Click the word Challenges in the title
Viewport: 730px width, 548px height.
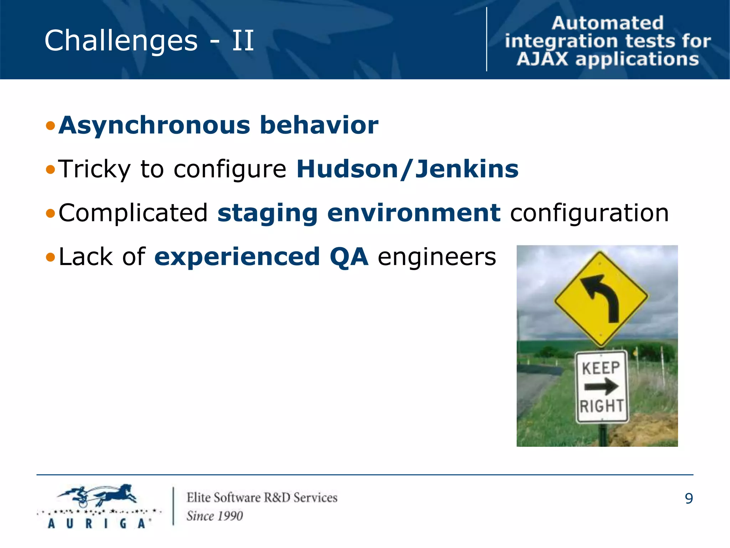(121, 41)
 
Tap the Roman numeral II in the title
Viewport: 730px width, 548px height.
(243, 41)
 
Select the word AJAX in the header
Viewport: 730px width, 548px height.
(542, 59)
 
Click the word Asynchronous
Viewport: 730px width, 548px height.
(154, 126)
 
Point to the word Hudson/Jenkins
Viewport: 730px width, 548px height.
(407, 169)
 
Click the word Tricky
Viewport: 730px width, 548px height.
(94, 169)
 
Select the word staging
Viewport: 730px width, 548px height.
(267, 213)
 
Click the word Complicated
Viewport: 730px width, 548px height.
(133, 213)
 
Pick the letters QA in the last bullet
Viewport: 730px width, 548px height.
(349, 257)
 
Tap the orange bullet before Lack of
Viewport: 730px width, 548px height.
(51, 257)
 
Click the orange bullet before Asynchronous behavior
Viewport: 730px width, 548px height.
(51, 126)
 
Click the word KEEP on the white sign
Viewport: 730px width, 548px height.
(601, 368)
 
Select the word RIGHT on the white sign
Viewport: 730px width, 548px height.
(602, 406)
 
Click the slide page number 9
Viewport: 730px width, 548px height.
(689, 498)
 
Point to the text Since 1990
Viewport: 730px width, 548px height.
(215, 516)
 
